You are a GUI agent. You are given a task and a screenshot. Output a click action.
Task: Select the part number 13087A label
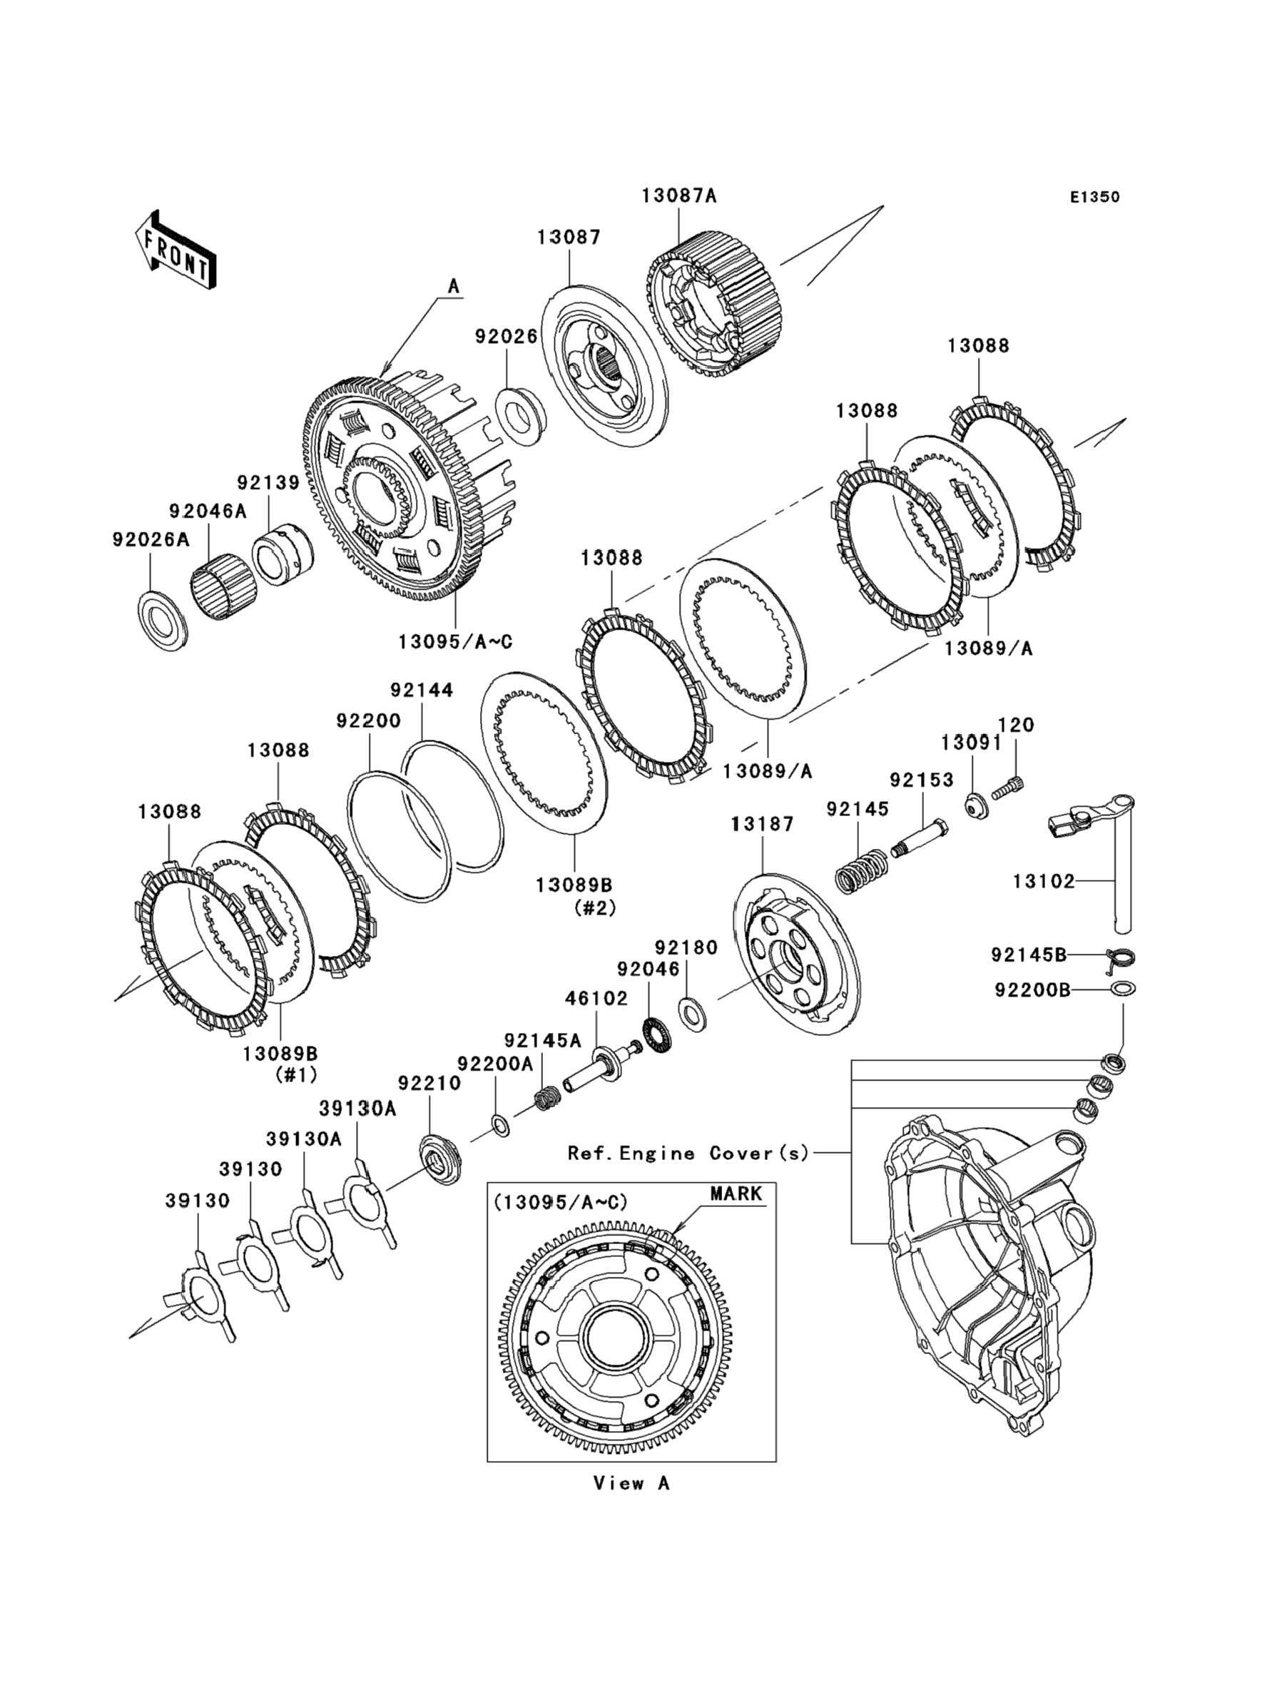678,196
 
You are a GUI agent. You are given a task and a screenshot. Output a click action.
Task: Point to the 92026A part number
150,540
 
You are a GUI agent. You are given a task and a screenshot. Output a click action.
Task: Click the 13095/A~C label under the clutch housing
455,642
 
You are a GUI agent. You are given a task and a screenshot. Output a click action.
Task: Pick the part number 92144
422,690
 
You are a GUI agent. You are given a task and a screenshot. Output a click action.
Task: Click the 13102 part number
1044,882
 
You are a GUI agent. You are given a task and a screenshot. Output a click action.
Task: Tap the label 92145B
1029,955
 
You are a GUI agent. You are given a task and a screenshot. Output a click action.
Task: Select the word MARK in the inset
736,1194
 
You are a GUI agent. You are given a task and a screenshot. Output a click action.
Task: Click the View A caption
632,1484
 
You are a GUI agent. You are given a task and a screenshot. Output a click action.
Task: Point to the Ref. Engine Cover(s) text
688,1153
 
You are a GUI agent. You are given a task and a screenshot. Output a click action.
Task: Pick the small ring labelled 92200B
1123,989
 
